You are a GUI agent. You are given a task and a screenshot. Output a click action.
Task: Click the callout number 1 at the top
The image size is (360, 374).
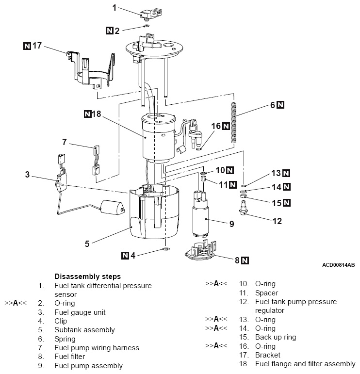[x=115, y=7]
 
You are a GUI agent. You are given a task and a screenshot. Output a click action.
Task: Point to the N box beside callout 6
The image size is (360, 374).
[x=280, y=104]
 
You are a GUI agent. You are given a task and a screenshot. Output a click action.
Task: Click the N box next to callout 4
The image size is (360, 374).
[x=126, y=255]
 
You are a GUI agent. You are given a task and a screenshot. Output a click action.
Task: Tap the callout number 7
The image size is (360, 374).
[x=64, y=142]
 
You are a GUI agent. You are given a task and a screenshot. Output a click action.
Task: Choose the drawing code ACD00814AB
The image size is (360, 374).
[x=338, y=265]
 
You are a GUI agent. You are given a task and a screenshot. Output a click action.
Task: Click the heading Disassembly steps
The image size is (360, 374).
[x=88, y=276]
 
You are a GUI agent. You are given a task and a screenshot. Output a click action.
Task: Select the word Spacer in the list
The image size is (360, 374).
[x=266, y=293]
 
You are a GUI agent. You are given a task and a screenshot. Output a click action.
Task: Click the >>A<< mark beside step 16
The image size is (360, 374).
[x=216, y=346]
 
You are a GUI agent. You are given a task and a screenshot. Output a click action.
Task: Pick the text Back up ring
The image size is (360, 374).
[x=276, y=337]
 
